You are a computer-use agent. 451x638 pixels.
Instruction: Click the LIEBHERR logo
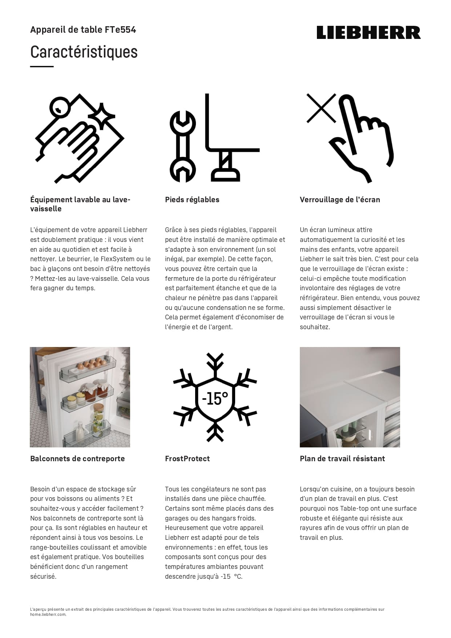click(x=368, y=32)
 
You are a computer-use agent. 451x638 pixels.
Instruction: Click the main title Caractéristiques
click(x=84, y=52)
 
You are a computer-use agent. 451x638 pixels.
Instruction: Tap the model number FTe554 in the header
click(x=120, y=30)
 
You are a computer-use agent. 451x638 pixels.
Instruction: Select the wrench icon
click(x=182, y=147)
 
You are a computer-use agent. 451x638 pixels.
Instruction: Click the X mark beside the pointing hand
click(x=321, y=108)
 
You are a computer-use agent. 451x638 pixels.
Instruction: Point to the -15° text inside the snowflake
click(x=215, y=399)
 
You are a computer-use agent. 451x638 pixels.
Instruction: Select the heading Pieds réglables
click(x=192, y=200)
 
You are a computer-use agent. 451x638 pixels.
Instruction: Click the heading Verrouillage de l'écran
click(x=340, y=200)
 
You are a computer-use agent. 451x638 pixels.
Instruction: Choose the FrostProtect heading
click(x=187, y=459)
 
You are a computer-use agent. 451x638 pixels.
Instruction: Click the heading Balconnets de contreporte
click(x=77, y=459)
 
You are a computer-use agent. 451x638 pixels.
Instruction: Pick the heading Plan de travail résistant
click(x=342, y=459)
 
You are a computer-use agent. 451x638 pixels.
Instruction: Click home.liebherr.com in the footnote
click(x=48, y=614)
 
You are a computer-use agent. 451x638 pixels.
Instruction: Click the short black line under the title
click(x=42, y=67)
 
